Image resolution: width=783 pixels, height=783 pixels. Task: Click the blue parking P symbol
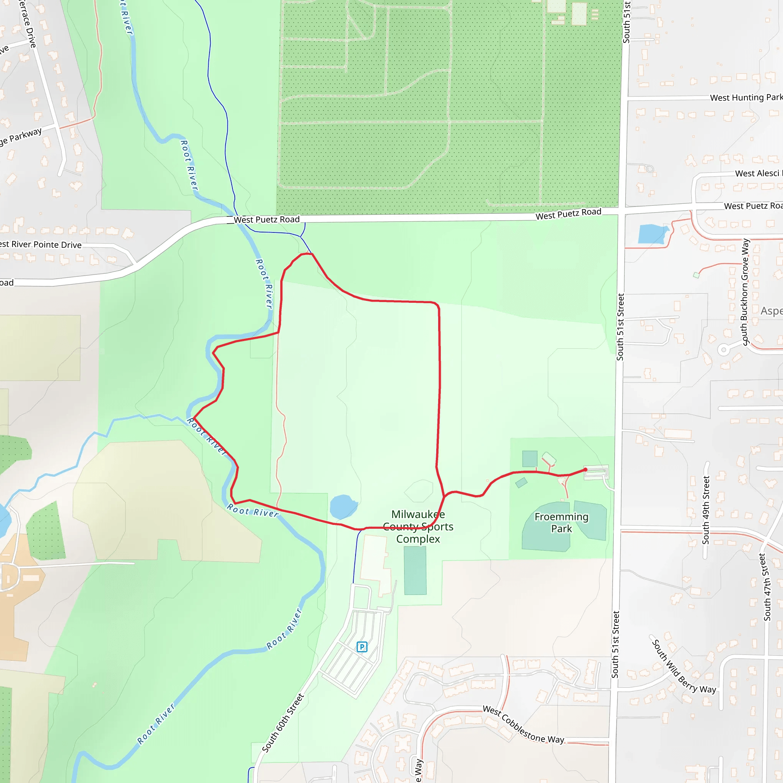(x=362, y=647)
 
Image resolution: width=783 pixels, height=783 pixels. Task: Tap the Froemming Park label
(x=561, y=522)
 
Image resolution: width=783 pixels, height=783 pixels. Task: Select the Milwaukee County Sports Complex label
(x=418, y=526)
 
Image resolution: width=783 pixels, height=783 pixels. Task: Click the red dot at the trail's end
(x=585, y=470)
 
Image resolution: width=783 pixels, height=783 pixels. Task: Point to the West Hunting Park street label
(x=746, y=97)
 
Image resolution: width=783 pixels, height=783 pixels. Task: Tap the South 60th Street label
(x=283, y=723)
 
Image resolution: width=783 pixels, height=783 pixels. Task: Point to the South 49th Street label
(x=706, y=510)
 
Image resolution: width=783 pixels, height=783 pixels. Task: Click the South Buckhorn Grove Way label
(x=745, y=292)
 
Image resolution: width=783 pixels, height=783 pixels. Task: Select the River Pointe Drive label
(x=41, y=244)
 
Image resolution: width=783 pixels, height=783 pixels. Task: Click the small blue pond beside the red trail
(x=343, y=506)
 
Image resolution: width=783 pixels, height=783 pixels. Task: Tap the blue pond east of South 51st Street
(x=652, y=234)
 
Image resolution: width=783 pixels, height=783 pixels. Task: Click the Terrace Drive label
(x=28, y=23)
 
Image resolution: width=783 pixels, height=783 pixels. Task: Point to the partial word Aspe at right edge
(x=771, y=311)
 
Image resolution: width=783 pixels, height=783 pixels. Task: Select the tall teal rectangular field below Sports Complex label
(x=415, y=571)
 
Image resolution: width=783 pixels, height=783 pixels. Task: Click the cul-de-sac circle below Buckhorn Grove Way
(x=723, y=349)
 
